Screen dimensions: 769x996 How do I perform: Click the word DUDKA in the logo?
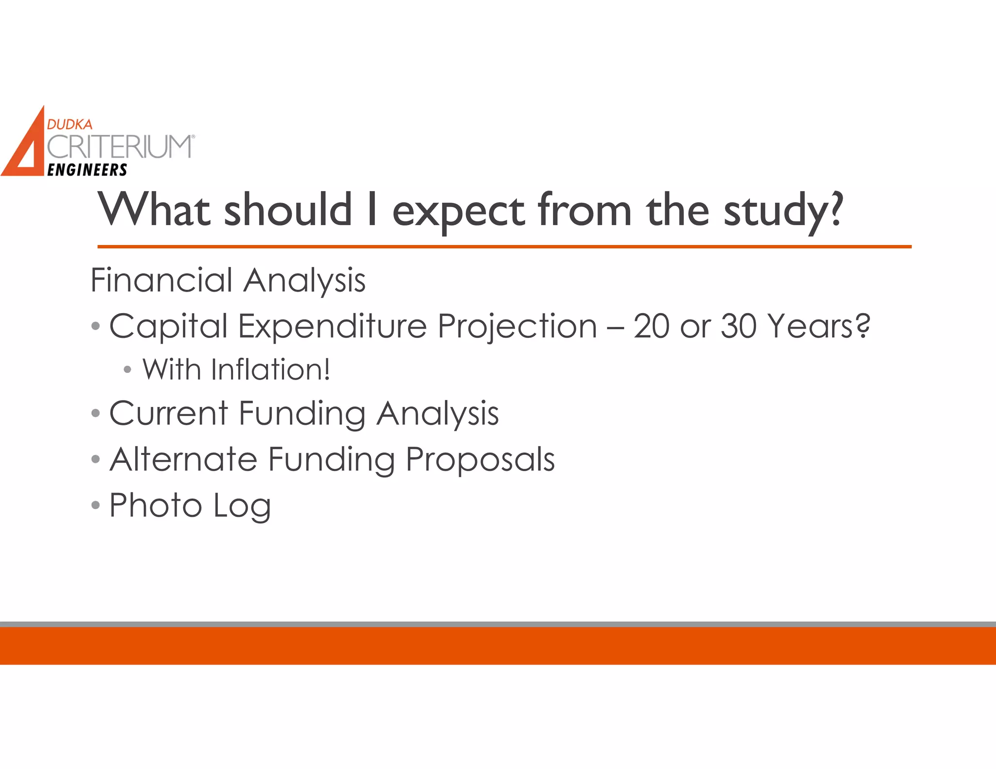point(70,124)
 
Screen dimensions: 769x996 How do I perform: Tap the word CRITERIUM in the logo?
point(120,147)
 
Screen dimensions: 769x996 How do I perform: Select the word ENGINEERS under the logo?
point(88,170)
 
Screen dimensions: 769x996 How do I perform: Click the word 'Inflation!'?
point(270,369)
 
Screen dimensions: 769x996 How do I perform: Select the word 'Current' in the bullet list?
point(168,413)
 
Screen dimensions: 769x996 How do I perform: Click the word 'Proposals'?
point(480,459)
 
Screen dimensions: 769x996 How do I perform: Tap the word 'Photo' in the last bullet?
point(155,505)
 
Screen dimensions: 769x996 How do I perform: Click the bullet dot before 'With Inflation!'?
point(127,370)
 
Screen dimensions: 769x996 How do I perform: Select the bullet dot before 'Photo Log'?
point(95,505)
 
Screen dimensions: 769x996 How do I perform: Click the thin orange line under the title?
point(504,247)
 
